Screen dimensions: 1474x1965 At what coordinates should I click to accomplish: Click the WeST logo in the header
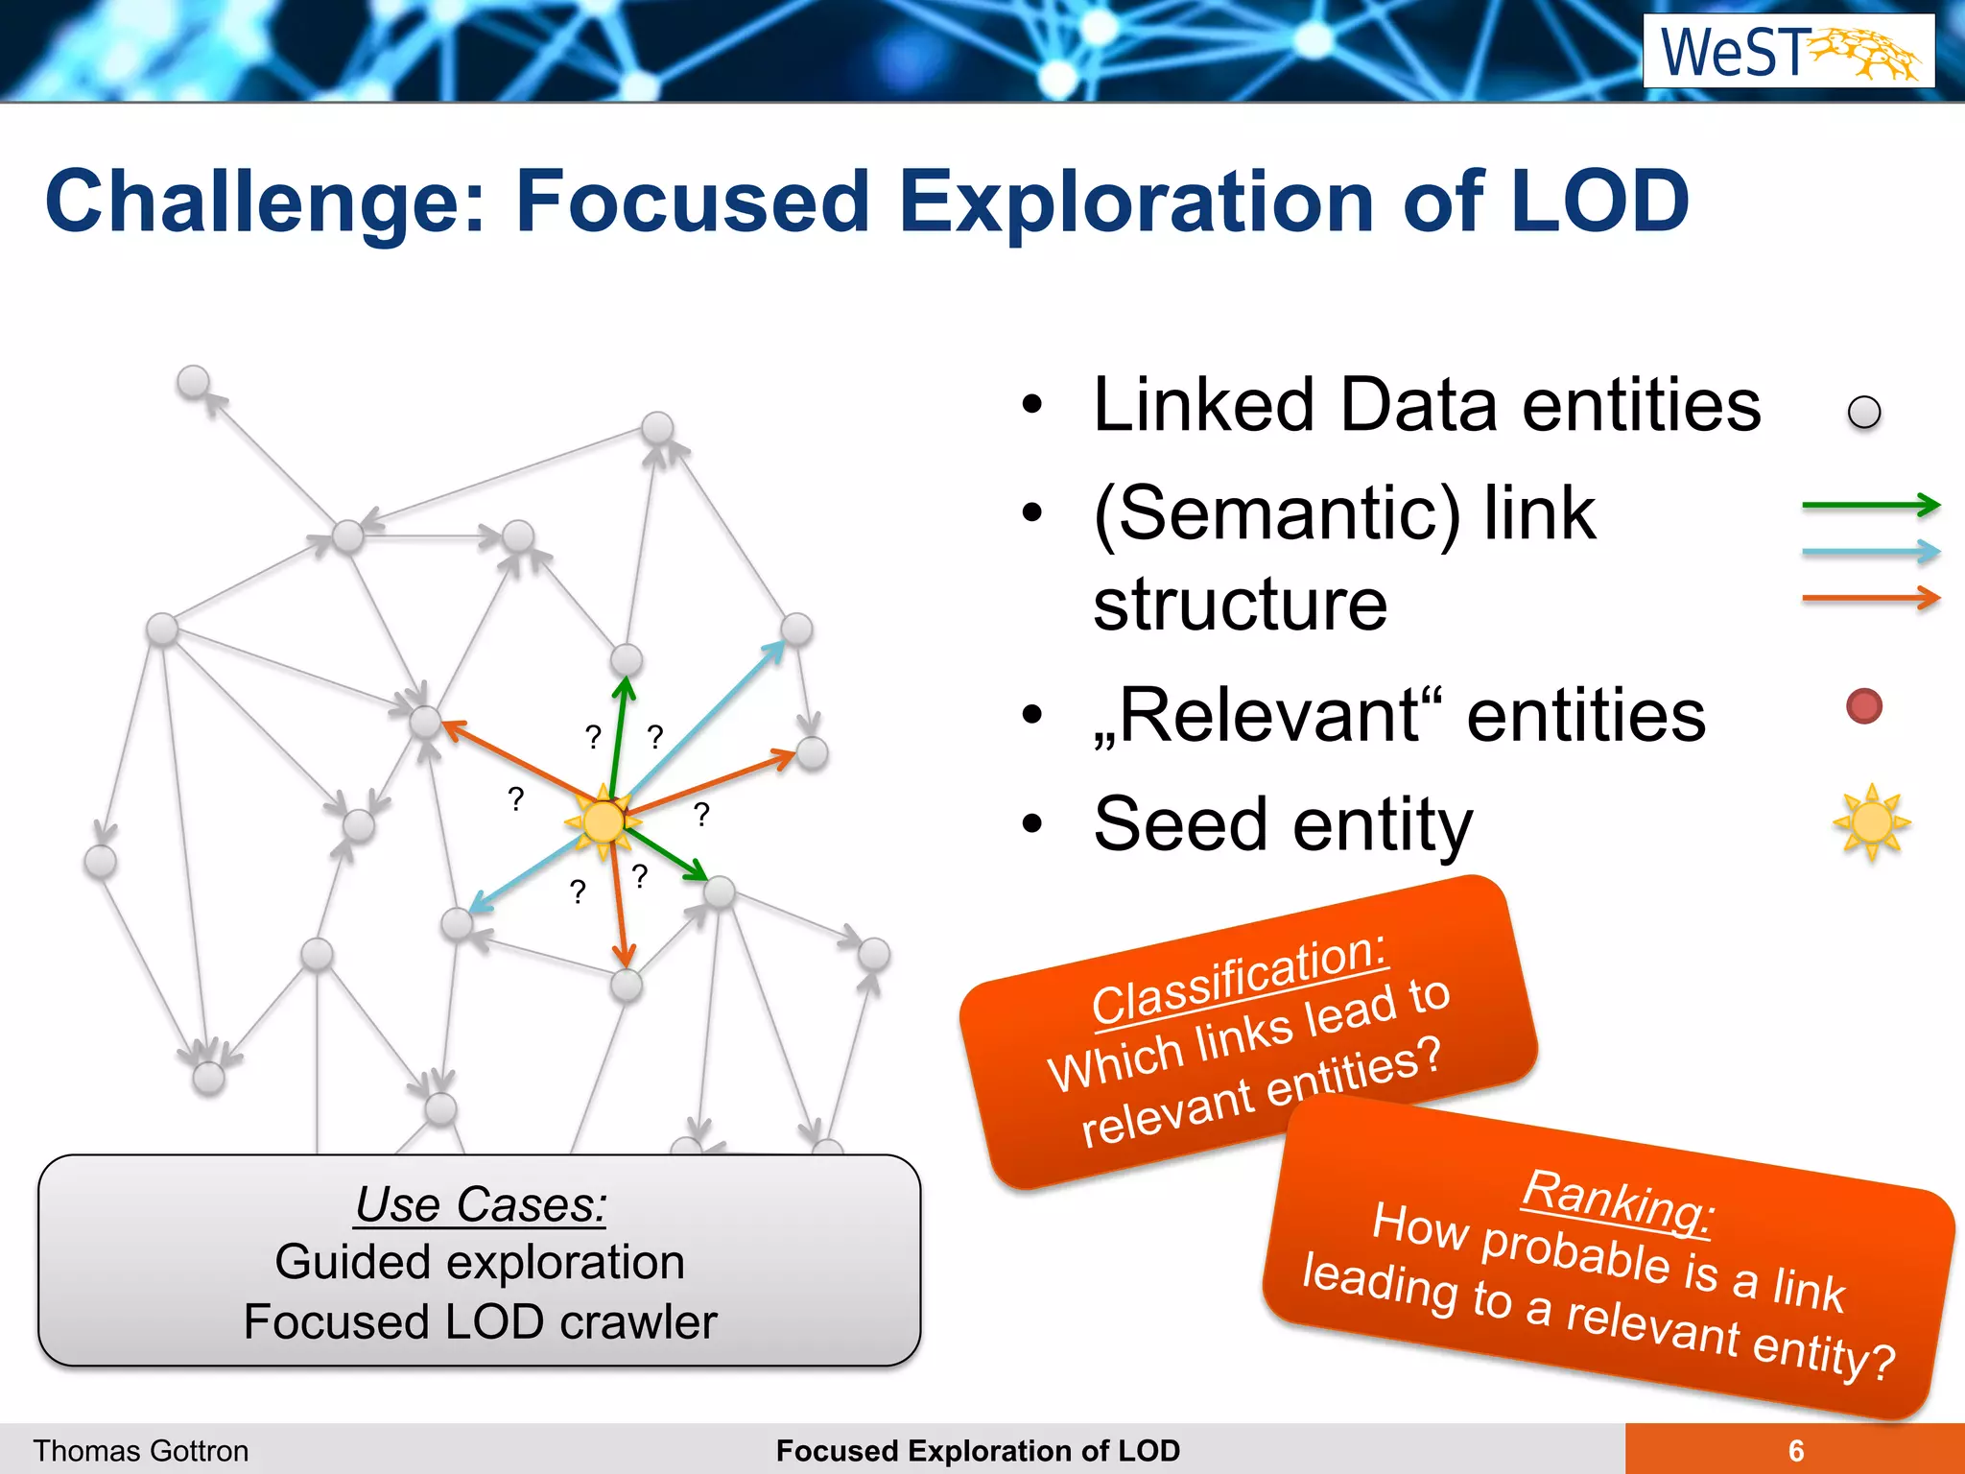1788,51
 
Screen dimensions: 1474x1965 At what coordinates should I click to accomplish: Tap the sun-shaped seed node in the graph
604,821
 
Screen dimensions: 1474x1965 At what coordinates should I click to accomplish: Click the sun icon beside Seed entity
1871,822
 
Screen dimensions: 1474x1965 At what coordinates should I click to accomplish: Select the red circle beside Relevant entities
1863,706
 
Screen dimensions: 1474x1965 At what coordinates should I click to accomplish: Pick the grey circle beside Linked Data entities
1863,413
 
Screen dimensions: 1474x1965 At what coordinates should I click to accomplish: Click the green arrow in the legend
1870,505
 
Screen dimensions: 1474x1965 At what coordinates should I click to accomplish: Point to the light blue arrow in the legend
1870,552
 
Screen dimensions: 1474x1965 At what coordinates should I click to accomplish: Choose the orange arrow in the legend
1870,598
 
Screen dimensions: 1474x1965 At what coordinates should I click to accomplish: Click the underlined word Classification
1240,979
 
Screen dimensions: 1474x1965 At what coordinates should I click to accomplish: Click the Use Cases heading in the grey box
481,1204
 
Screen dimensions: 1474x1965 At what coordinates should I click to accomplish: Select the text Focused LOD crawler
481,1322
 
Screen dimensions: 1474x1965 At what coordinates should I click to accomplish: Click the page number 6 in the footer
1795,1450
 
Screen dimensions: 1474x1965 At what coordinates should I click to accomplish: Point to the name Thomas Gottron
141,1450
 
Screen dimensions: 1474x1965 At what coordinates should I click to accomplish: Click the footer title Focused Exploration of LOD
978,1450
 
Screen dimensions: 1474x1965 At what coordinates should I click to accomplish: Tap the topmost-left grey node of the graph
194,382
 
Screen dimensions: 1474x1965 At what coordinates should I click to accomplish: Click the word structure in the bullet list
1240,605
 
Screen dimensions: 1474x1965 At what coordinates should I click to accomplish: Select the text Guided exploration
481,1262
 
